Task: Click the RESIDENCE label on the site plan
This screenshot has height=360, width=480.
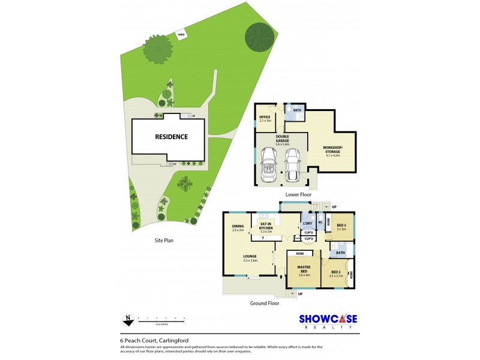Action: pos(171,137)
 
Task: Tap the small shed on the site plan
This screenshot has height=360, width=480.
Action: pos(181,35)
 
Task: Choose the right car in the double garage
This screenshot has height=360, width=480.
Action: pos(293,166)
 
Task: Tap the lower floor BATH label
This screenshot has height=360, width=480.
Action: pos(297,110)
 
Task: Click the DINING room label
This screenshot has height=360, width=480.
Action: pos(238,227)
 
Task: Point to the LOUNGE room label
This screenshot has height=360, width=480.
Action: pos(250,259)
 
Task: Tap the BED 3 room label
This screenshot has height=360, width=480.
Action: pos(341,227)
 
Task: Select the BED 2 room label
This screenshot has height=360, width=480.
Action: pos(336,274)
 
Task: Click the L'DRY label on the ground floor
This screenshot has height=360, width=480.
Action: pos(308,224)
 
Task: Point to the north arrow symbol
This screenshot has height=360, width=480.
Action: pos(127,319)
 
